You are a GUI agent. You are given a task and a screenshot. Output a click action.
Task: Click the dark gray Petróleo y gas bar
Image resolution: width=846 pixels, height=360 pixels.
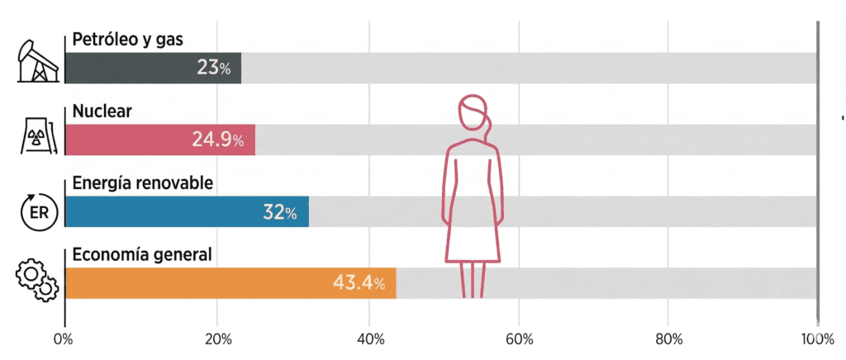point(124,68)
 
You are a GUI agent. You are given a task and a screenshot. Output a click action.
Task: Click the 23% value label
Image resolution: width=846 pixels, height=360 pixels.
point(214,68)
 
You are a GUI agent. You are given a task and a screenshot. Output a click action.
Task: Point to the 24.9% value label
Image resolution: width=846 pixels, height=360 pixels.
point(217,140)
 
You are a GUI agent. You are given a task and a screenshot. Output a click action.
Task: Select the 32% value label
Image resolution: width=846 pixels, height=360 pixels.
point(280,212)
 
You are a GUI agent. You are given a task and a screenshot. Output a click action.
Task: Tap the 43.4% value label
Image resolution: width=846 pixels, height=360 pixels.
point(359,283)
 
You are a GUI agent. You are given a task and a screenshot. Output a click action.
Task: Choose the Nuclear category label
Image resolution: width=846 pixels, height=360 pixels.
point(102,111)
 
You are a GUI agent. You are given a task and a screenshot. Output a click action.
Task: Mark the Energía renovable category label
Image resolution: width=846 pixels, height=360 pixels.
point(143,183)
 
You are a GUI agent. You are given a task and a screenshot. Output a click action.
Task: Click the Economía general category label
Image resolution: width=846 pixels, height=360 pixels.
point(142,255)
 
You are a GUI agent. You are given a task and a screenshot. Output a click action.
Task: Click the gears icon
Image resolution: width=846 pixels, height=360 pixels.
point(36,280)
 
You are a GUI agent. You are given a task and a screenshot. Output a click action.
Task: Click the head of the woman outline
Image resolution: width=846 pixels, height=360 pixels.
point(473,113)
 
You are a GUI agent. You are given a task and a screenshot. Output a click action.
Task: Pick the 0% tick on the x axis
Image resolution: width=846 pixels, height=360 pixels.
point(64,339)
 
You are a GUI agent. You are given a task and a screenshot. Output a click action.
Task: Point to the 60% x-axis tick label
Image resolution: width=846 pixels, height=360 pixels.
point(519,339)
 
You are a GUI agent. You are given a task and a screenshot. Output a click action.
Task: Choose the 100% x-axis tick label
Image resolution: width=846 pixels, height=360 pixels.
point(817,339)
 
